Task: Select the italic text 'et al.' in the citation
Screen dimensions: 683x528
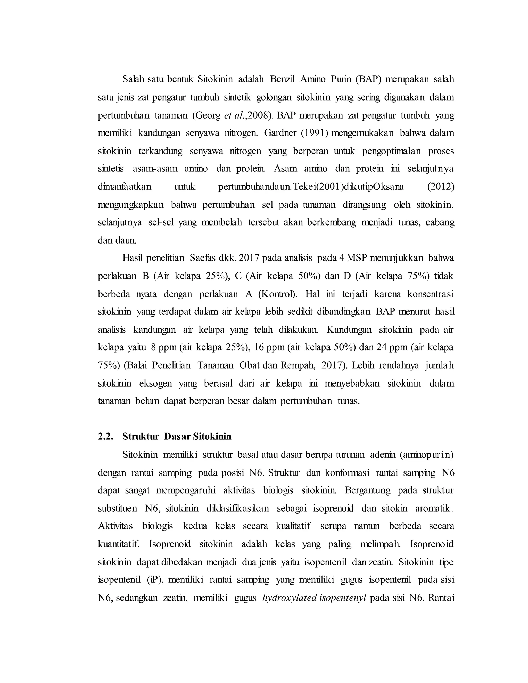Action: pyautogui.click(x=234, y=115)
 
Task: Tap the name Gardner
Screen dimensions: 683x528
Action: pyautogui.click(x=280, y=133)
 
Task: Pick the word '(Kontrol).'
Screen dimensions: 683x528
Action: pyautogui.click(x=278, y=294)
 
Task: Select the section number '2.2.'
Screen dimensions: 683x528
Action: pyautogui.click(x=105, y=437)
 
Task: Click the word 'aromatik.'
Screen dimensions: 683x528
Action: pyautogui.click(x=434, y=509)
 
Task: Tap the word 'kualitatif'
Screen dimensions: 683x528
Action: pyautogui.click(x=293, y=526)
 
